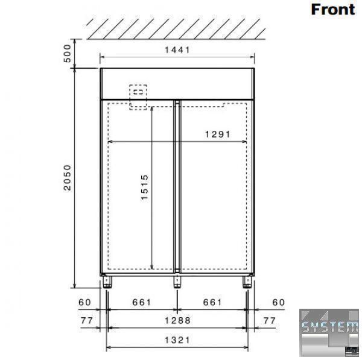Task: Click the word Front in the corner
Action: coord(333,10)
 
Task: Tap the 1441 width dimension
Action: coord(177,50)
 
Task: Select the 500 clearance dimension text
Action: coord(67,54)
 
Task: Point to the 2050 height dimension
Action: coord(68,177)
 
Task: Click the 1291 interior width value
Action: coord(218,134)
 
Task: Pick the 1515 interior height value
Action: coord(145,187)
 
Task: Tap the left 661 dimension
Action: coord(142,302)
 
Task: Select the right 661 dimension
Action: coord(212,302)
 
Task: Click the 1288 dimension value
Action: coord(177,320)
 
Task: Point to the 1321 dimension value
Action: coord(177,340)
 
